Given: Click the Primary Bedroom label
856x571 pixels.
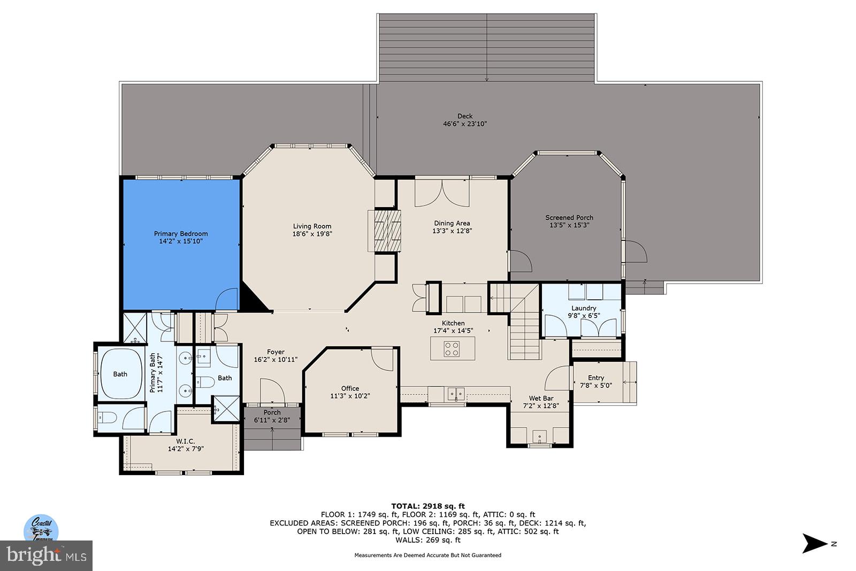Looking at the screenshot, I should [x=180, y=234].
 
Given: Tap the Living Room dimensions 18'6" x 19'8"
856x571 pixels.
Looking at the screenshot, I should [x=312, y=234].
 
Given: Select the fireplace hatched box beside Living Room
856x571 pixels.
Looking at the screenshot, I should [x=385, y=231].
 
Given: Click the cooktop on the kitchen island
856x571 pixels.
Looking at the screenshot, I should [x=452, y=349].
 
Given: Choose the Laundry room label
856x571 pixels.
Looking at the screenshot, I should [x=583, y=308].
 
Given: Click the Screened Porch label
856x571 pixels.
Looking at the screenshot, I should [x=569, y=218].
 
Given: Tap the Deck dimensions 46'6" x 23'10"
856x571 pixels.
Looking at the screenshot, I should [x=465, y=124].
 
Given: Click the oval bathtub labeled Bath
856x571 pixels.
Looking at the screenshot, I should [x=120, y=374].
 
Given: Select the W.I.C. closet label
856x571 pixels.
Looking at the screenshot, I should [x=185, y=441].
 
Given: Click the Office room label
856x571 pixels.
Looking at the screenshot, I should [x=350, y=389].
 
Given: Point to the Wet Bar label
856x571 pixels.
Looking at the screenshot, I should [x=541, y=398].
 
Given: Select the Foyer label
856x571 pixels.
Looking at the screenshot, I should [x=276, y=352].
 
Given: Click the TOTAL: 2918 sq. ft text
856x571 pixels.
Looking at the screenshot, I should [x=427, y=506].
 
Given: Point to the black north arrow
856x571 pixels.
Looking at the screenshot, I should [x=814, y=544].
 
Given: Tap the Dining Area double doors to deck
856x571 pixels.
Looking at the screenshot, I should [x=442, y=194].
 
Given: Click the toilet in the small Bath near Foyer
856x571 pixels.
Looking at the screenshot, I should [x=205, y=381].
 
